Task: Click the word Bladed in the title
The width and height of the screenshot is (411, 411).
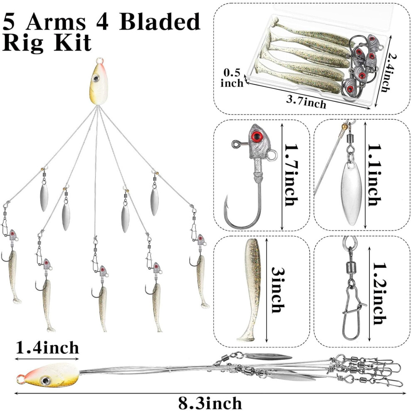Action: [160, 22]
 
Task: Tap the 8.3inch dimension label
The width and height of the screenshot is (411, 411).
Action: [210, 403]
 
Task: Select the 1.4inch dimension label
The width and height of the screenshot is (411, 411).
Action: [47, 348]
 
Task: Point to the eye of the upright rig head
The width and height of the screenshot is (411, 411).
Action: [96, 78]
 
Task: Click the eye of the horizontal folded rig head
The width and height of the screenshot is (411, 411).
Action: [45, 380]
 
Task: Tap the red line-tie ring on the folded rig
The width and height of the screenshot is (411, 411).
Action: [20, 379]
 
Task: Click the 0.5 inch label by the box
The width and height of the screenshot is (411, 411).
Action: [232, 78]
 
